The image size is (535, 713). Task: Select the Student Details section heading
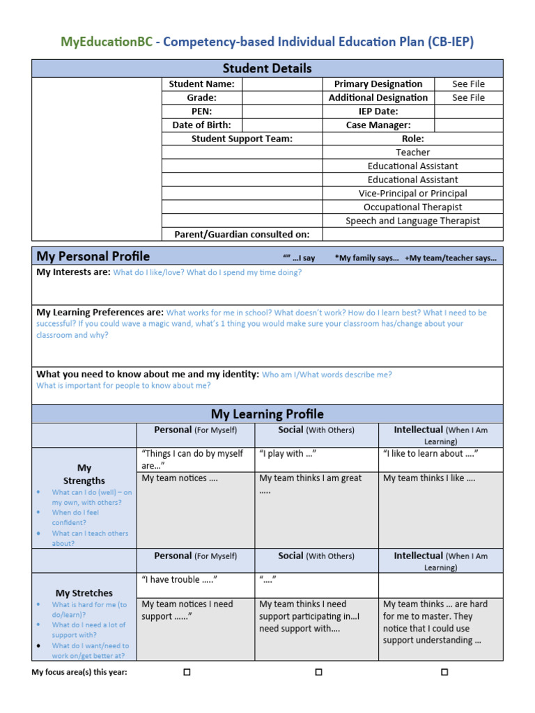click(267, 68)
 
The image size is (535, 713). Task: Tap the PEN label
click(201, 111)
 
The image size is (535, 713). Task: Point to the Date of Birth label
click(201, 125)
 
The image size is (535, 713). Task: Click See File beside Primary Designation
click(468, 84)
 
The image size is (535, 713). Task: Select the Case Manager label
click(378, 125)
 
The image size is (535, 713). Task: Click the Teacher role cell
click(412, 152)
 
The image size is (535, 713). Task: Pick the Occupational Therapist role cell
click(412, 207)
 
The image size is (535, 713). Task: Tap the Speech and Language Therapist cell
click(412, 221)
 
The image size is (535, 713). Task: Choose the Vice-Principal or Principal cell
click(412, 194)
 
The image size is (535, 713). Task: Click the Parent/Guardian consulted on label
click(242, 235)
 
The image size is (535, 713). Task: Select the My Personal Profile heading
click(93, 256)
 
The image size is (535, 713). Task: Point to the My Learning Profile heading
click(267, 414)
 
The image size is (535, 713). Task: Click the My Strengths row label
click(84, 474)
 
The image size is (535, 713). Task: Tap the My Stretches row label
click(84, 593)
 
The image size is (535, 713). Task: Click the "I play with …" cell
click(288, 454)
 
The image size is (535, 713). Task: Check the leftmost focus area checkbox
click(187, 673)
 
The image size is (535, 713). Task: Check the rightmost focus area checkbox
click(444, 673)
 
